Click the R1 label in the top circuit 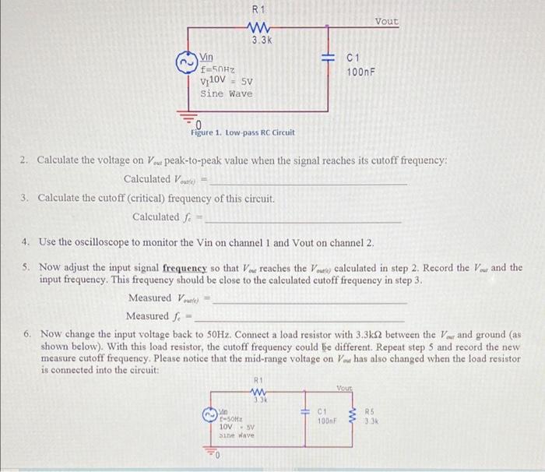click(259, 9)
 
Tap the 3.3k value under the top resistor click(261, 39)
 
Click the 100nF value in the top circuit click(361, 72)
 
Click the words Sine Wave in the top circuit click(227, 93)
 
